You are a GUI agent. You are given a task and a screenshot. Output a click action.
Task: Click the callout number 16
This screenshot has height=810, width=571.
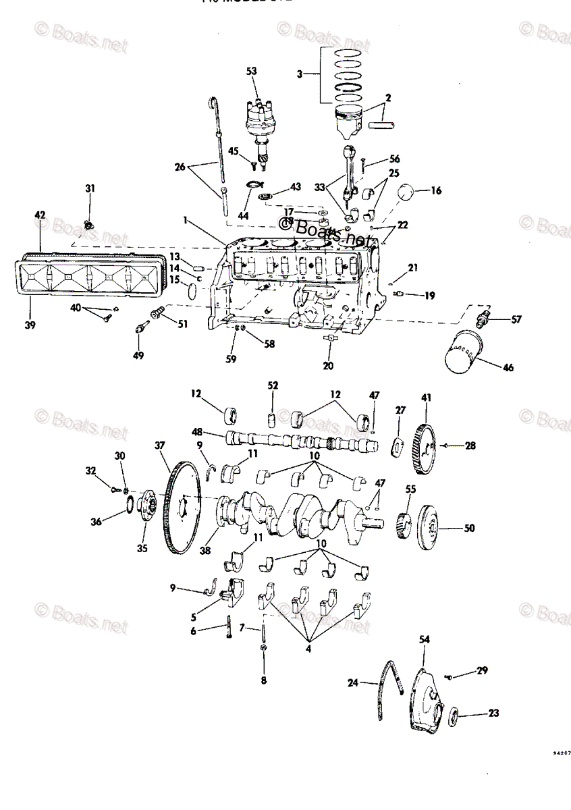[x=436, y=191]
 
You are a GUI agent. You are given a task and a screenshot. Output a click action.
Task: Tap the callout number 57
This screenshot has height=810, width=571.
[x=516, y=319]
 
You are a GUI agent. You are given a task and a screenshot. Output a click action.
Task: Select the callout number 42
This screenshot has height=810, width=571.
[x=40, y=215]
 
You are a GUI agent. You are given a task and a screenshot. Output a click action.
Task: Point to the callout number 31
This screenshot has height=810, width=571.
[x=90, y=188]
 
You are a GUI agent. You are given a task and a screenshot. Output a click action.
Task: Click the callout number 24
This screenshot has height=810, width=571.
[x=352, y=682]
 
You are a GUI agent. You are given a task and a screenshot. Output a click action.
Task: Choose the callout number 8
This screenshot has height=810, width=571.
[x=264, y=680]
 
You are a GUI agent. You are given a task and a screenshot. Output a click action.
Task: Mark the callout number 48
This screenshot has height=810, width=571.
[x=197, y=433]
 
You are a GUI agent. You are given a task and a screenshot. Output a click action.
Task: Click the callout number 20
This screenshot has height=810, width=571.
[x=328, y=365]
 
